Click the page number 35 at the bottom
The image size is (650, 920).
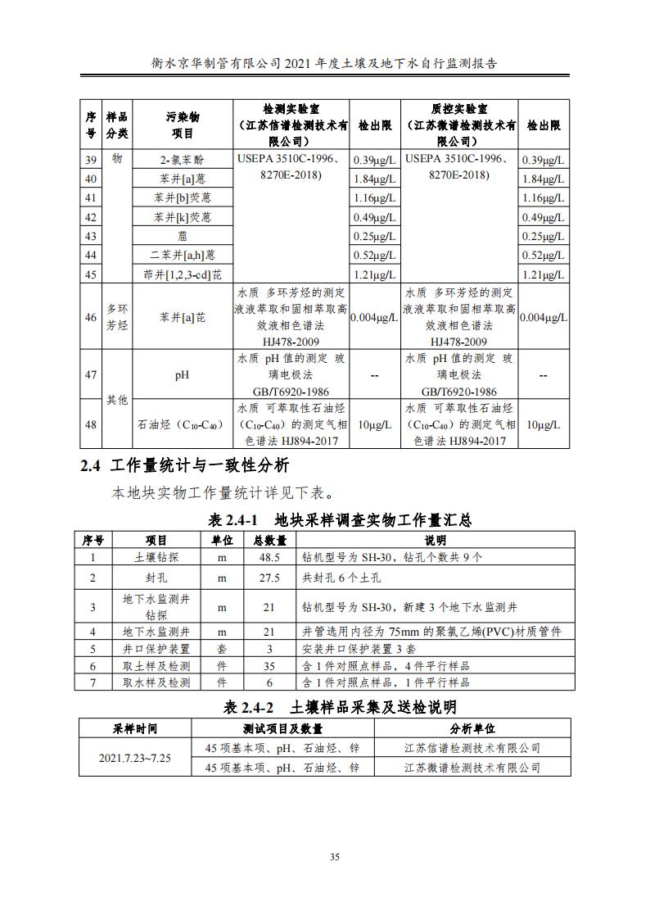334,857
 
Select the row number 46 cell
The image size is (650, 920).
91,317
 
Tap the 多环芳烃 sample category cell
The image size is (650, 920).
117,317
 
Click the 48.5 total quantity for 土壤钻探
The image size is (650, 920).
269,557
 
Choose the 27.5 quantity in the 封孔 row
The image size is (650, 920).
269,578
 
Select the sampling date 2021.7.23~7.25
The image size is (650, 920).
135,758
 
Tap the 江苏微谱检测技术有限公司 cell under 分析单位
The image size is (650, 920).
472,768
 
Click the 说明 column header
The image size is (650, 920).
435,540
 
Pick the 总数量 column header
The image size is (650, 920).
269,540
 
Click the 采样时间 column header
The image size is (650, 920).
135,728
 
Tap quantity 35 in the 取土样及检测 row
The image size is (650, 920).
269,665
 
